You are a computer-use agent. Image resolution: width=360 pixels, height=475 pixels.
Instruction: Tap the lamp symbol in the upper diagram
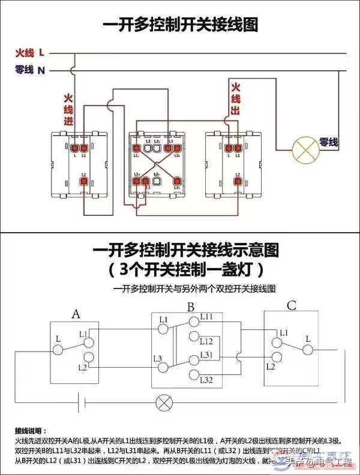[303, 151]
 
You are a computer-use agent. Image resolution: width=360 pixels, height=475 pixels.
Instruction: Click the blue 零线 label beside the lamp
[328, 143]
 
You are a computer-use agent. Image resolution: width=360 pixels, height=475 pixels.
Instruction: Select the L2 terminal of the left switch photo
[83, 179]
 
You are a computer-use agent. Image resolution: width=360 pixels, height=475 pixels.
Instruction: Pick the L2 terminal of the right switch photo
[238, 179]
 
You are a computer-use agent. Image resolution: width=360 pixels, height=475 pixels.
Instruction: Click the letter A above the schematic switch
[76, 314]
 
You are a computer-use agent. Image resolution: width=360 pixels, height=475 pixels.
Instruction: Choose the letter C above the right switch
[292, 306]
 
